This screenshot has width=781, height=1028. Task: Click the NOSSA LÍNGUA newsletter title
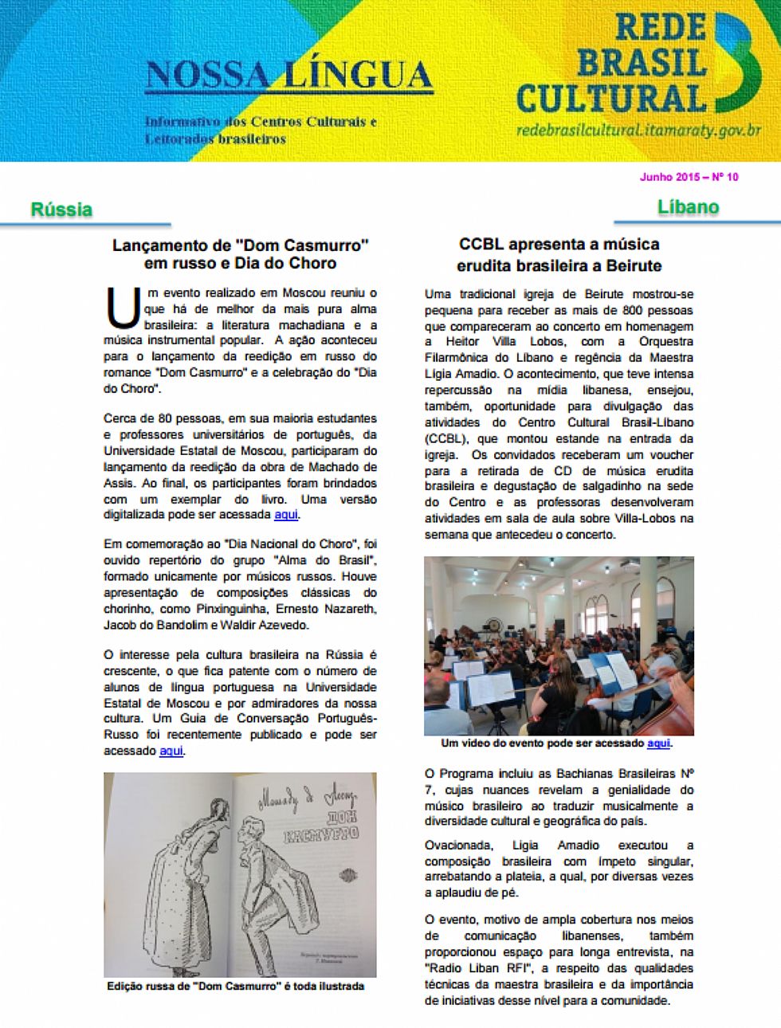(x=288, y=76)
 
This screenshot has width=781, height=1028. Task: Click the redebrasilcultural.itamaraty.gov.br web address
(x=638, y=130)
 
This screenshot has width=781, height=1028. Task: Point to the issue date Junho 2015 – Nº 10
(x=689, y=177)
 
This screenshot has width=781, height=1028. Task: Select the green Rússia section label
(x=61, y=210)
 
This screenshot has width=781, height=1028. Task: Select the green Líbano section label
(x=689, y=207)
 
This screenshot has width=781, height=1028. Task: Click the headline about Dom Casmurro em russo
(x=240, y=254)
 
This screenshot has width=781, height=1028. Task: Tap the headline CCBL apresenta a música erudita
(x=559, y=254)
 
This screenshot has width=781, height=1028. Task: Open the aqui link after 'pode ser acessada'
(x=286, y=515)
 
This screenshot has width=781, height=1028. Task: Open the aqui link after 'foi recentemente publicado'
(x=171, y=751)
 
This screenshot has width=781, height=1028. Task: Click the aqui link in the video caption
(x=658, y=744)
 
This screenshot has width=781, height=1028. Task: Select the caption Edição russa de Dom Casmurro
(x=235, y=987)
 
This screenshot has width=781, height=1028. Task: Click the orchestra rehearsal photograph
(x=559, y=645)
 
